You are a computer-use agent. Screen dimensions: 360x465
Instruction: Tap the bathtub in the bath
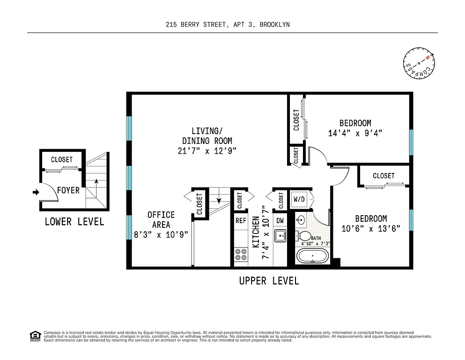pyautogui.click(x=312, y=256)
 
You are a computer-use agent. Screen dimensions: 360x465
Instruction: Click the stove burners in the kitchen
pyautogui.click(x=241, y=255)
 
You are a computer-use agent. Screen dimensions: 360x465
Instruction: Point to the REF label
pyautogui.click(x=241, y=220)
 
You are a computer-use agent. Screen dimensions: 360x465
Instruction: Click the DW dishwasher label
pyautogui.click(x=280, y=220)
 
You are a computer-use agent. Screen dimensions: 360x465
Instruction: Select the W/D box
pyautogui.click(x=299, y=199)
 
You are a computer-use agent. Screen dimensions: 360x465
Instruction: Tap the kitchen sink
pyautogui.click(x=280, y=235)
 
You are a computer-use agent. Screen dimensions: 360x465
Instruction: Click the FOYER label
pyautogui.click(x=68, y=191)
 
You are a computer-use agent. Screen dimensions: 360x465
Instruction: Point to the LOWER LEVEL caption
pyautogui.click(x=74, y=222)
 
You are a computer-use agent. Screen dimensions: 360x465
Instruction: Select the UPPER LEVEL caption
pyautogui.click(x=269, y=281)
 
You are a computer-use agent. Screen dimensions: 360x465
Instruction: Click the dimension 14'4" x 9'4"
pyautogui.click(x=355, y=133)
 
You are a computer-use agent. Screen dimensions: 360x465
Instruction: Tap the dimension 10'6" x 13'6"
pyautogui.click(x=371, y=228)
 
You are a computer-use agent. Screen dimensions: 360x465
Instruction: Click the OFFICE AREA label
pyautogui.click(x=161, y=220)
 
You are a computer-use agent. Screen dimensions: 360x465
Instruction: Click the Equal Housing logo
pyautogui.click(x=34, y=335)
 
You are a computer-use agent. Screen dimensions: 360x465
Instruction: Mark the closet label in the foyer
pyautogui.click(x=62, y=159)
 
